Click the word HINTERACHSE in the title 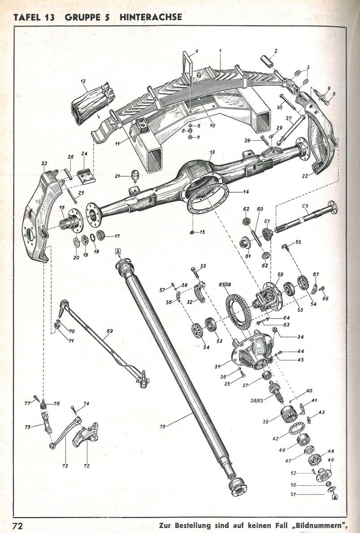coord(151,17)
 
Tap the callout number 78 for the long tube coord(162,426)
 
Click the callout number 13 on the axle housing coord(212,153)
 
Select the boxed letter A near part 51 coord(334,497)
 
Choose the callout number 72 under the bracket coord(87,466)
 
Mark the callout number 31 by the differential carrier coord(217,367)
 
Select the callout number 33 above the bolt coord(203,266)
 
